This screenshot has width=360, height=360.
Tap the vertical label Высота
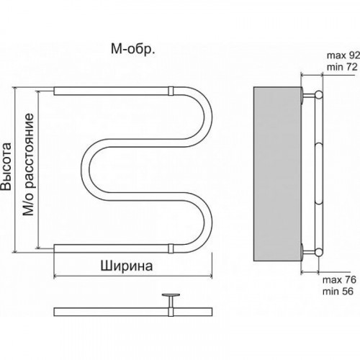(7, 168)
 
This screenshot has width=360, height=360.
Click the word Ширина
(125, 265)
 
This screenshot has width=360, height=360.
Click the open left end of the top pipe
(55, 91)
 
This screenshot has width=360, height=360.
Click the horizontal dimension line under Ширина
(133, 276)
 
